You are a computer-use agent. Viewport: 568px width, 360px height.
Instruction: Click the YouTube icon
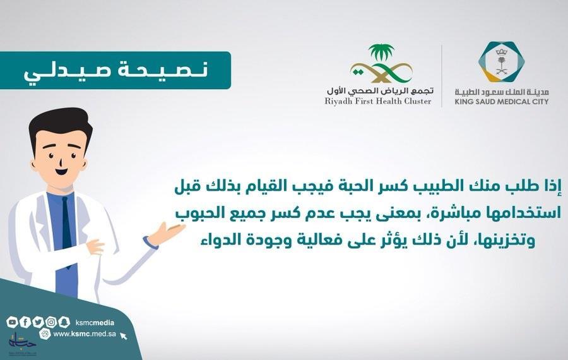click(x=12, y=322)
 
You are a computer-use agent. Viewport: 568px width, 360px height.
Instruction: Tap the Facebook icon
click(x=25, y=322)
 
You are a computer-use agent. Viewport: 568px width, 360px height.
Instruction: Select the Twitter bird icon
click(x=38, y=322)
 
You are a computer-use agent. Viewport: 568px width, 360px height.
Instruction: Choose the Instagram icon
click(x=51, y=322)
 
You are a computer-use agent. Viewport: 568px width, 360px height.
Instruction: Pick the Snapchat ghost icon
click(x=64, y=322)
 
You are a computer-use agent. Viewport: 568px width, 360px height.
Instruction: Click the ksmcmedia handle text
click(x=95, y=323)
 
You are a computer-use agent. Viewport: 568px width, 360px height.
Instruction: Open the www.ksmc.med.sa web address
click(x=85, y=334)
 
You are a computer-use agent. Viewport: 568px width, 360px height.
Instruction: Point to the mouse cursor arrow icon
click(x=124, y=336)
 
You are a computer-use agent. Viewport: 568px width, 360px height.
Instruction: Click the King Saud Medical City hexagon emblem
click(x=501, y=62)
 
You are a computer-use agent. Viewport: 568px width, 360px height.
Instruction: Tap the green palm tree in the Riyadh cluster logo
click(x=381, y=52)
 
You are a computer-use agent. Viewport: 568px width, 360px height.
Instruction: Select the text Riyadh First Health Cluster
click(x=378, y=101)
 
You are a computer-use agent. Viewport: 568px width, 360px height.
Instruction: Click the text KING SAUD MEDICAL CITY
click(x=502, y=102)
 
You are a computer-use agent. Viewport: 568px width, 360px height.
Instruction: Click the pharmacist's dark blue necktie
click(x=67, y=232)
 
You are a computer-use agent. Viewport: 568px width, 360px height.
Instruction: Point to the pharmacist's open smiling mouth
click(x=62, y=171)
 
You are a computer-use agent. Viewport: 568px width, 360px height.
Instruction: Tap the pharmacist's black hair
click(x=60, y=125)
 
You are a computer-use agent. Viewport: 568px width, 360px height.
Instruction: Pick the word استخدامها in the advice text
click(x=523, y=213)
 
